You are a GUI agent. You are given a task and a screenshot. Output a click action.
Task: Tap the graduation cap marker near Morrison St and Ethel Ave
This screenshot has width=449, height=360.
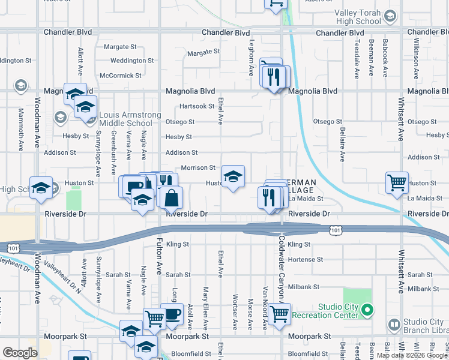233,176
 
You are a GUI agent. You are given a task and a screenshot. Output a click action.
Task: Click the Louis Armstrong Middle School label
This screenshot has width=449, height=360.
126,119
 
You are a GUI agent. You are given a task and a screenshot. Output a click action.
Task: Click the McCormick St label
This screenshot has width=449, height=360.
121,76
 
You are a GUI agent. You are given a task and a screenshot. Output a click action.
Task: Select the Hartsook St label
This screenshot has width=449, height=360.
197,106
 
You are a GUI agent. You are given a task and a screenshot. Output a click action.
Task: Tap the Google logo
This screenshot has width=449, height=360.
20,353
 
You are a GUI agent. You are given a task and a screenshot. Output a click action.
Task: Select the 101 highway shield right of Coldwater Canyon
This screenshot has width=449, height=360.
334,229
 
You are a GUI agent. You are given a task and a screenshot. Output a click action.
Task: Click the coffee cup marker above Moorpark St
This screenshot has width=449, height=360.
172,314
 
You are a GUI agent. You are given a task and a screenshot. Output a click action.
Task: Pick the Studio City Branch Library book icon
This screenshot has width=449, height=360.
394,325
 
